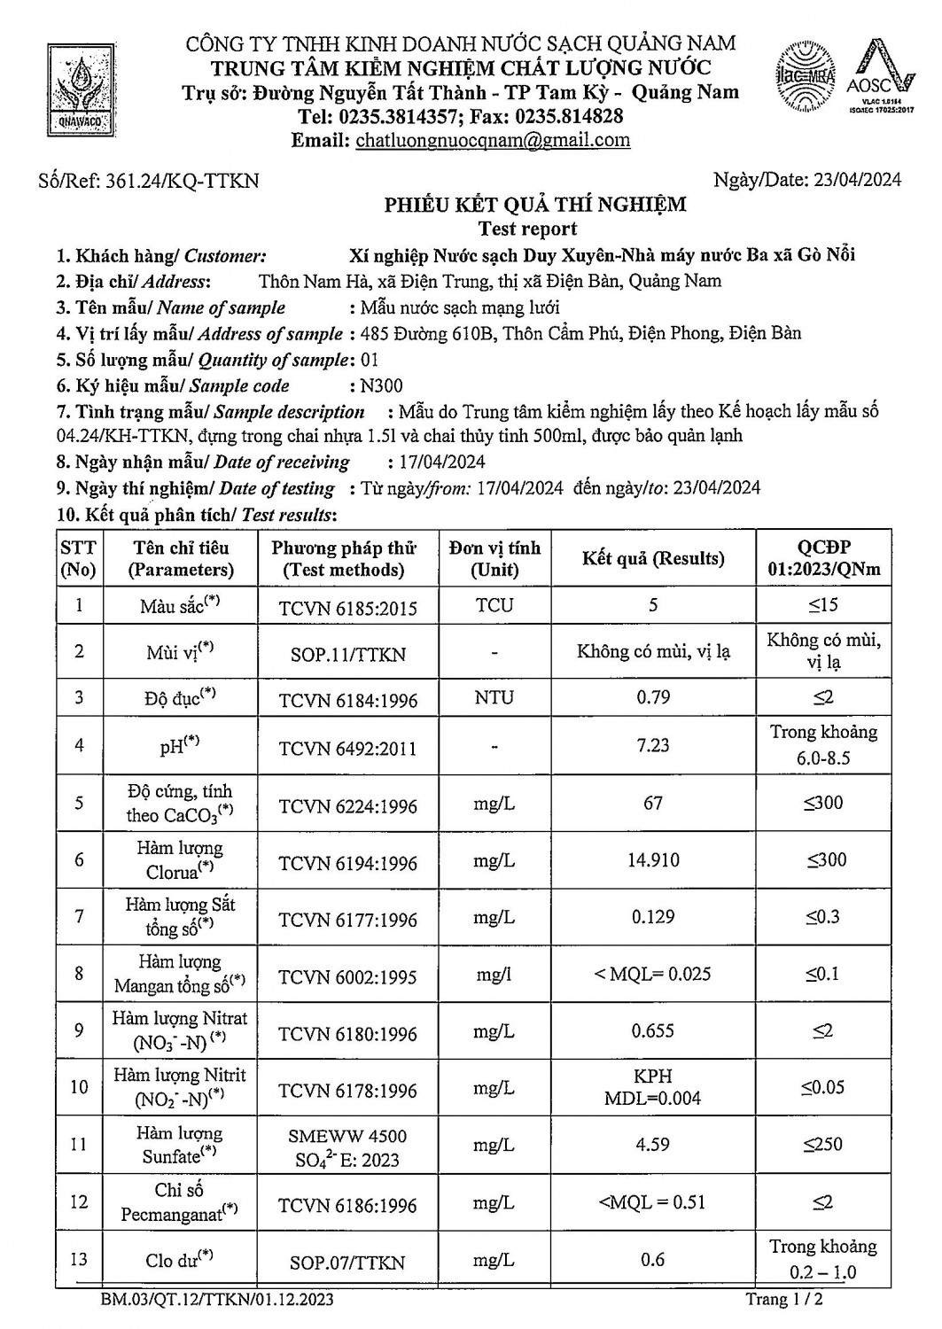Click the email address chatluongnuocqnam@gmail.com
point(493,140)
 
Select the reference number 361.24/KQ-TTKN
point(182,181)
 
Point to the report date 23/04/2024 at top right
point(855,180)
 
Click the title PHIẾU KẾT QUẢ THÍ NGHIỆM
point(534,206)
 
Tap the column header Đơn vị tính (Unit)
point(494,558)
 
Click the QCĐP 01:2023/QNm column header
point(823,558)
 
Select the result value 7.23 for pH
point(653,745)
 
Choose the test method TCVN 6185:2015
point(347,608)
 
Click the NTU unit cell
point(494,697)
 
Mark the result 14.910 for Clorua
point(653,859)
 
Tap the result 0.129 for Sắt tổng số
point(653,917)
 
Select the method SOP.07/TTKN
point(347,1263)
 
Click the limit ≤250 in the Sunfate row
point(823,1145)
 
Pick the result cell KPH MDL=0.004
point(653,1087)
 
